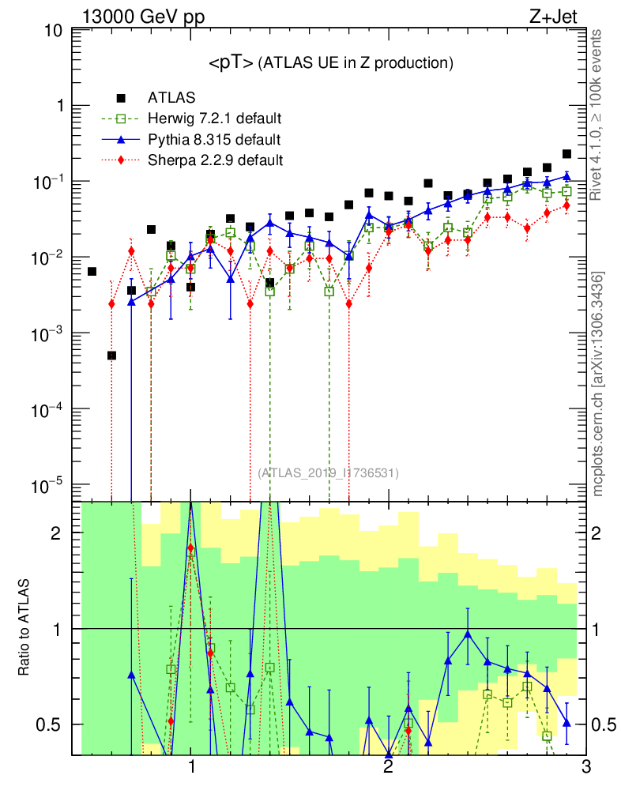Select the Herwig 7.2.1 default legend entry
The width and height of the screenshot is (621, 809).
[215, 119]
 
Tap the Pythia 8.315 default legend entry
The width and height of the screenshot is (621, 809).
[213, 140]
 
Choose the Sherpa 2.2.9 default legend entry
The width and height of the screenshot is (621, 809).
[216, 160]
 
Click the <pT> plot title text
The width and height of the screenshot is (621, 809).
[330, 62]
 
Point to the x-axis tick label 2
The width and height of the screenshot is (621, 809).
[388, 767]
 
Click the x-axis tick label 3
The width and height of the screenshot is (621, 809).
[585, 767]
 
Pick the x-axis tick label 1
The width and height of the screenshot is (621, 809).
[191, 767]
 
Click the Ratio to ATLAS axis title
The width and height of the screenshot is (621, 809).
[24, 629]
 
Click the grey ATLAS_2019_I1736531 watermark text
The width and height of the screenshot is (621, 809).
[328, 473]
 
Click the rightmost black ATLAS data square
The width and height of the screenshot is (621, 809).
[566, 154]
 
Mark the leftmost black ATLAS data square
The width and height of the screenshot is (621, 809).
[92, 272]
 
